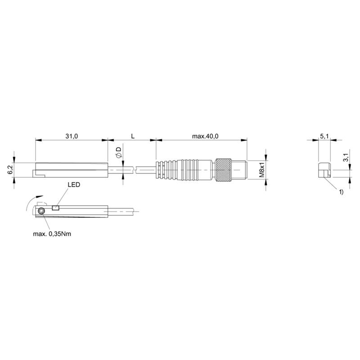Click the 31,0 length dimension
72,136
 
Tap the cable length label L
133,136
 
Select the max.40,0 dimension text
205,136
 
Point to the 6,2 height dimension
10,170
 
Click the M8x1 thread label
262,170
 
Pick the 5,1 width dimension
324,136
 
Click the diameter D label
118,152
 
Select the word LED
74,184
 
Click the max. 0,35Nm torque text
52,234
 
